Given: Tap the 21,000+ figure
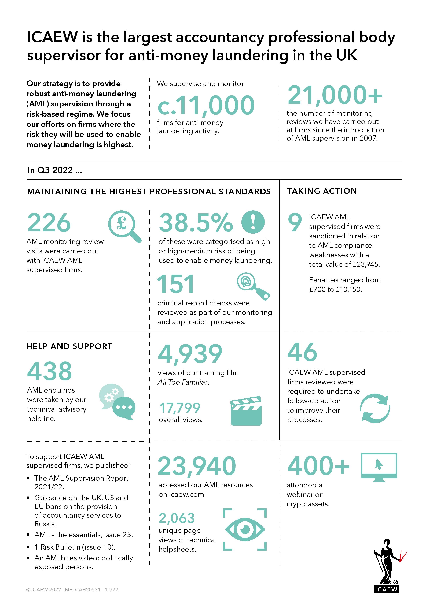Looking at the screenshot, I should (335, 95).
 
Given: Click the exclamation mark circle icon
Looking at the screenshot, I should (253, 222).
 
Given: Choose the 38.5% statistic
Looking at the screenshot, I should (196, 223).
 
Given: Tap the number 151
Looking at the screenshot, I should (175, 284).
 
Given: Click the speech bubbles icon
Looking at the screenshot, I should (117, 402).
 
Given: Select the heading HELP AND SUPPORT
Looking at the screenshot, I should (69, 346).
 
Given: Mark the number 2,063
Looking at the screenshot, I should (177, 518).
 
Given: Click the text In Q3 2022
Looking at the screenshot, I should (54, 170).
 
